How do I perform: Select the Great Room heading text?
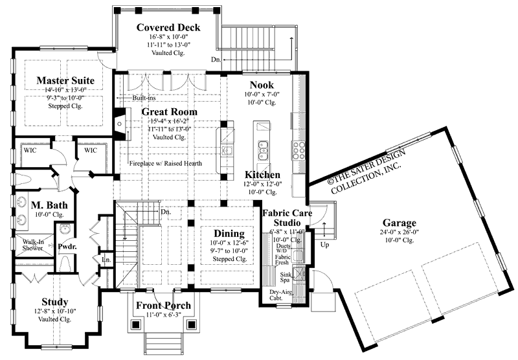click(170, 112)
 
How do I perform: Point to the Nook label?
click(262, 85)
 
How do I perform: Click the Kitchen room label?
click(262, 175)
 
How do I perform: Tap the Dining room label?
click(224, 233)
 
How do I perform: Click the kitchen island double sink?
click(263, 151)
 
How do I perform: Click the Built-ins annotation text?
click(144, 98)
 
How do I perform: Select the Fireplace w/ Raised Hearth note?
click(166, 164)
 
